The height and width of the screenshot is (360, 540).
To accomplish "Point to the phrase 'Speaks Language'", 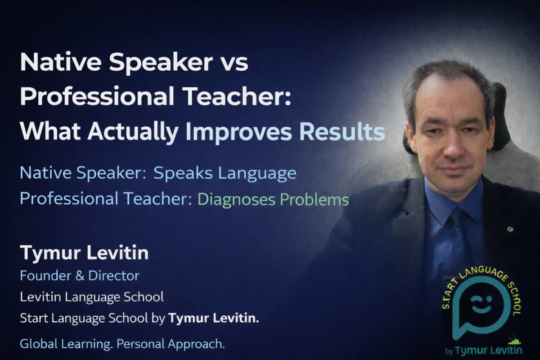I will point(225,173).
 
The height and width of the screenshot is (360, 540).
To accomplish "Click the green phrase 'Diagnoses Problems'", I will point(273,200).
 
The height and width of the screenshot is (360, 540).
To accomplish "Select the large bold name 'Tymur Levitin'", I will point(84,253).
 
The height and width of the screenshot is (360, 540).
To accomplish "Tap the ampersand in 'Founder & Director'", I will point(80,275).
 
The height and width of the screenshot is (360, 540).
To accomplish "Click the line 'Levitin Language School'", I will point(92,297).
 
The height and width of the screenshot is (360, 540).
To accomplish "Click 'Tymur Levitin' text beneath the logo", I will point(488,350).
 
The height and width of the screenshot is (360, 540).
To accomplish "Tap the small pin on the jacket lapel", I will point(509,229).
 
